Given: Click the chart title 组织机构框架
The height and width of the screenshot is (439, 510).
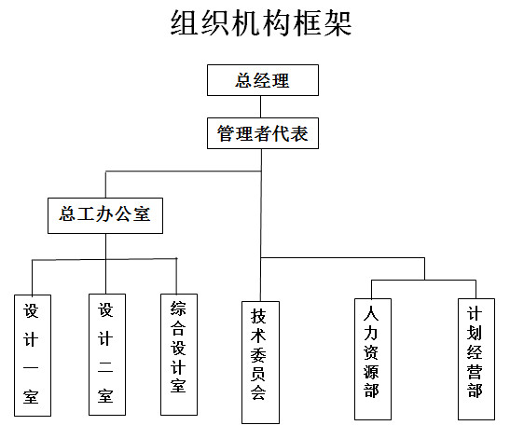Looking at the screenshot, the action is tap(261, 22).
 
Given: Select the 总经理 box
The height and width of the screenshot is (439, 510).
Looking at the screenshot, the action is tap(263, 80).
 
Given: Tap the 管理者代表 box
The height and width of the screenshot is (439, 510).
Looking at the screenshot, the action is tap(263, 133).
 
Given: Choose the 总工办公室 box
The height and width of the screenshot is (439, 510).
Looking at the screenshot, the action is tap(105, 215).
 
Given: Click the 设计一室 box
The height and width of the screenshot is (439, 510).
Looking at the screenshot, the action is tap(33, 355).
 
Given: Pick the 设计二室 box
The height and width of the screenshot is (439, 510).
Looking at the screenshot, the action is tap(107, 355).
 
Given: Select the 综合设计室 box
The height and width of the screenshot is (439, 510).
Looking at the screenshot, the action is tap(179, 355).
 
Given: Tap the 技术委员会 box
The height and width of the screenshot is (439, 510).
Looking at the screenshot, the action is tap(260, 363).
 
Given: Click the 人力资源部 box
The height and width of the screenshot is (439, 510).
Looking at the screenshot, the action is tap(373, 360).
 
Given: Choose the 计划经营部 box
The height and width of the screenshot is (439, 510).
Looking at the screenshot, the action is tap(476, 360).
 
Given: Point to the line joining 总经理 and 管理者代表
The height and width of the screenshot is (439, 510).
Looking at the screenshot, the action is tap(260, 106).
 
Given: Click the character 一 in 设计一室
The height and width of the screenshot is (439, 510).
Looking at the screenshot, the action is tap(31, 368).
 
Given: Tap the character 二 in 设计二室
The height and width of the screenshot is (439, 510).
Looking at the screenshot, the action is tap(105, 367).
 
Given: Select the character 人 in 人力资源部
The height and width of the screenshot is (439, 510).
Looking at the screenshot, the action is tap(371, 313).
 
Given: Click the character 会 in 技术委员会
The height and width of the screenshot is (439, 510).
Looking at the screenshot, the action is tap(258, 392).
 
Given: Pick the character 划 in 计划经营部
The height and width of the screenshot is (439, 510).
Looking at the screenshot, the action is tap(475, 333).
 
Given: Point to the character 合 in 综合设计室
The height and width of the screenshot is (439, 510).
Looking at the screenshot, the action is tap(178, 328).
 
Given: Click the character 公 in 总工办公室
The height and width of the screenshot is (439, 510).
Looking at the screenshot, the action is tap(124, 214).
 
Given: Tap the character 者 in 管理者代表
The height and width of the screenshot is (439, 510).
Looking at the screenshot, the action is tap(263, 133).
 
